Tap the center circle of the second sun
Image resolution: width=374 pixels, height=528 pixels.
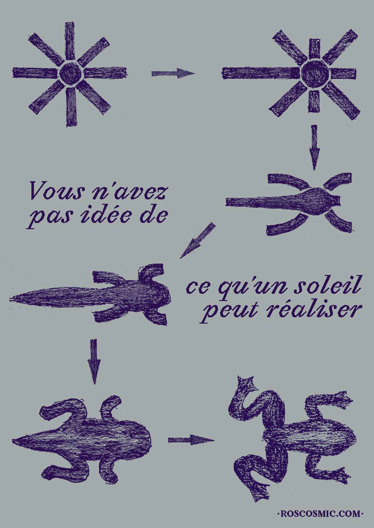tap(314, 73)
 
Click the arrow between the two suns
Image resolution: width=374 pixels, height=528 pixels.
tap(173, 73)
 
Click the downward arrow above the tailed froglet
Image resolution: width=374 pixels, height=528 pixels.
tap(94, 361)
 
